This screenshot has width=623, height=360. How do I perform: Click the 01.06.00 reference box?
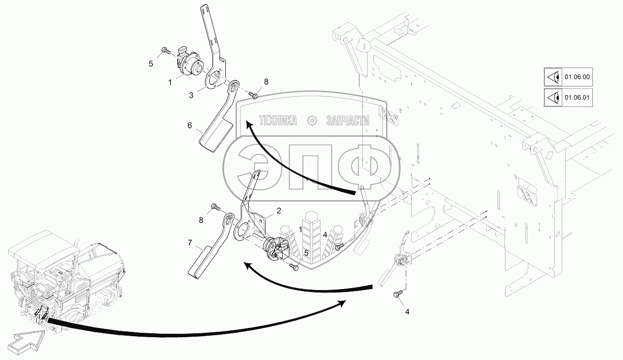pos(569,77)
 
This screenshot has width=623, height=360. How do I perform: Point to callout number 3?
pos(191,96)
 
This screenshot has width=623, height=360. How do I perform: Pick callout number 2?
pos(279,210)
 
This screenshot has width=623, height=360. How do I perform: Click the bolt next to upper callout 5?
pos(165,49)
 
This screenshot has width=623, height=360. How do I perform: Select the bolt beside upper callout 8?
pos(253,94)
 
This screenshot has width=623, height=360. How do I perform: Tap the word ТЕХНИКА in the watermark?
pos(278,120)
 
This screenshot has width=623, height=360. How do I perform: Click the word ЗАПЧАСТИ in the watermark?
pos(348,120)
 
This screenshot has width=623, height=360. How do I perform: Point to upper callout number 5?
pos(151,64)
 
